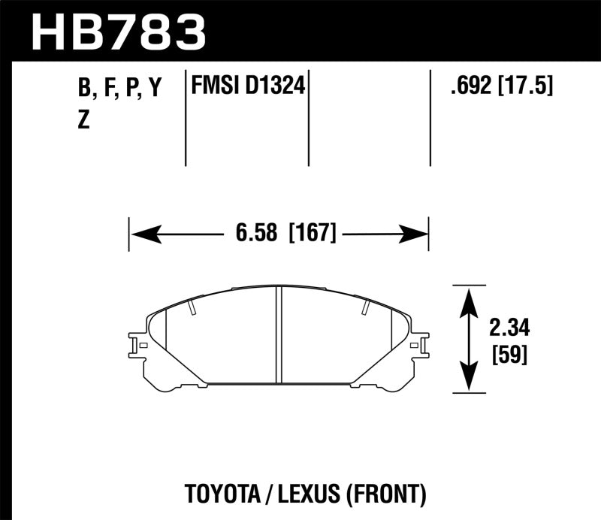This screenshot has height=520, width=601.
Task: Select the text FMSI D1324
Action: click(x=248, y=87)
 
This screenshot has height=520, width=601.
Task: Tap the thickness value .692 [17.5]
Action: click(x=500, y=87)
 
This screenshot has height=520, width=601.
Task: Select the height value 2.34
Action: click(x=508, y=328)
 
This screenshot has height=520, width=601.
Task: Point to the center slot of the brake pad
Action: click(x=279, y=335)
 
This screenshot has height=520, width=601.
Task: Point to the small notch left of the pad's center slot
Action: click(x=193, y=307)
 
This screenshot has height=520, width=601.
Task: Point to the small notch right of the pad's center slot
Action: click(x=365, y=307)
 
